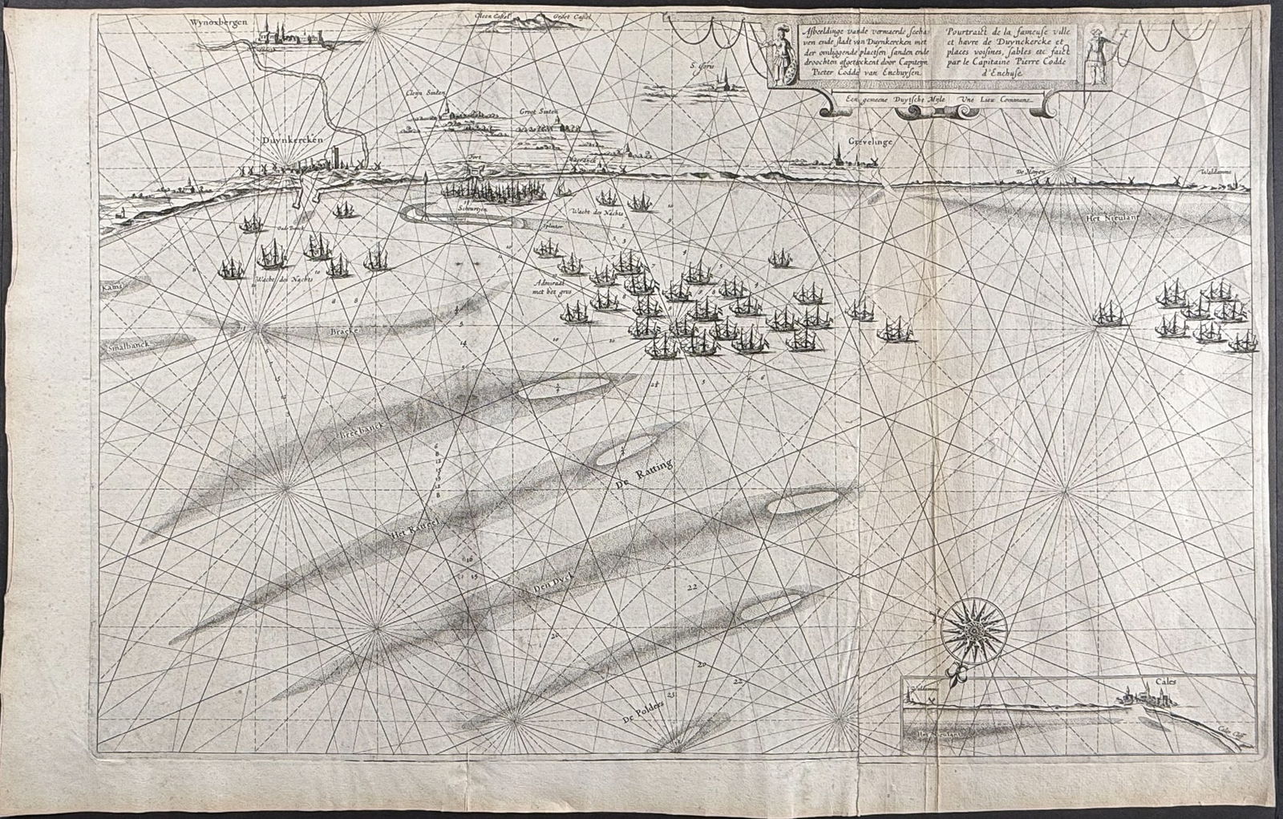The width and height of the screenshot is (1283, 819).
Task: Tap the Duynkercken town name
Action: (x=292, y=139)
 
